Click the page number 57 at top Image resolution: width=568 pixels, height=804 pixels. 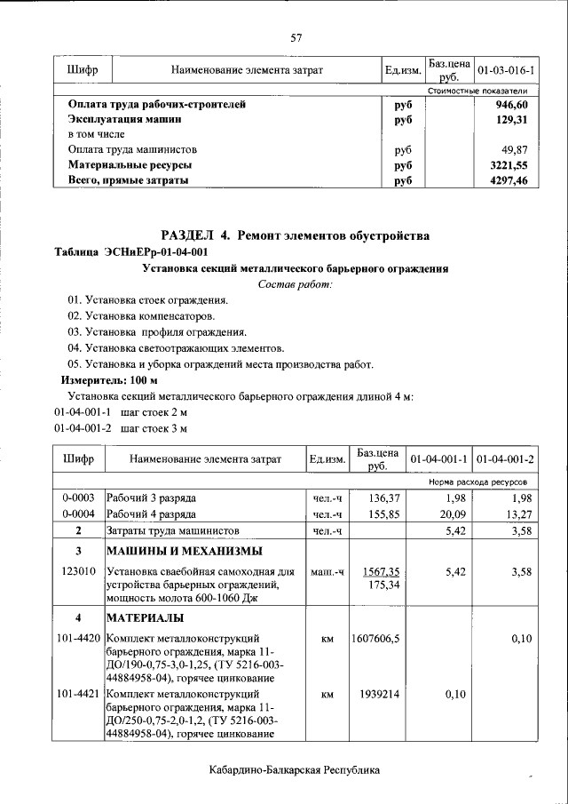tap(296, 37)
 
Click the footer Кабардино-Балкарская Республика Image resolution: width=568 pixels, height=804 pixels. tap(296, 769)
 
